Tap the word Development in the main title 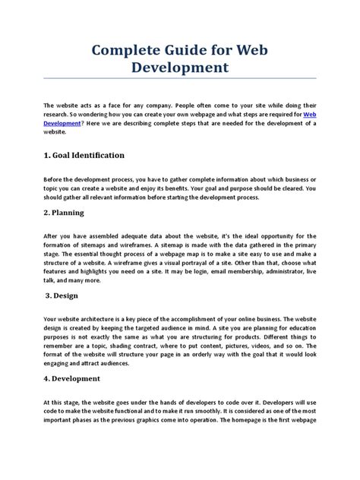pos(179,68)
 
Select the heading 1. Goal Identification pos(84,155)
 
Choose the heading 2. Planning pos(68,213)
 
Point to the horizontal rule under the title pos(180,79)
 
